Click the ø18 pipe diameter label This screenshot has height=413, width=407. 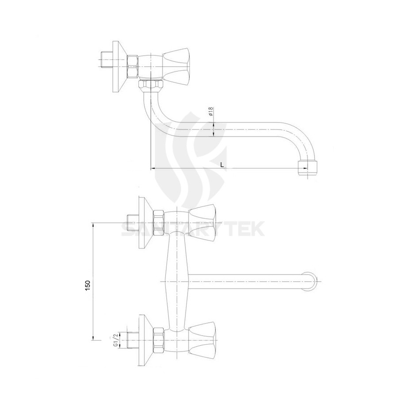tap(211, 111)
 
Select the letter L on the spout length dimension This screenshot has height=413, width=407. tap(223, 164)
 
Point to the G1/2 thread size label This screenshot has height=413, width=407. tap(115, 340)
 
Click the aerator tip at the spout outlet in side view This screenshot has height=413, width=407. tap(308, 168)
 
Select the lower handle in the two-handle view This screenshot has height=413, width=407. tap(203, 338)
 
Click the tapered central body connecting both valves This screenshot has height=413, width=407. tap(177, 281)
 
